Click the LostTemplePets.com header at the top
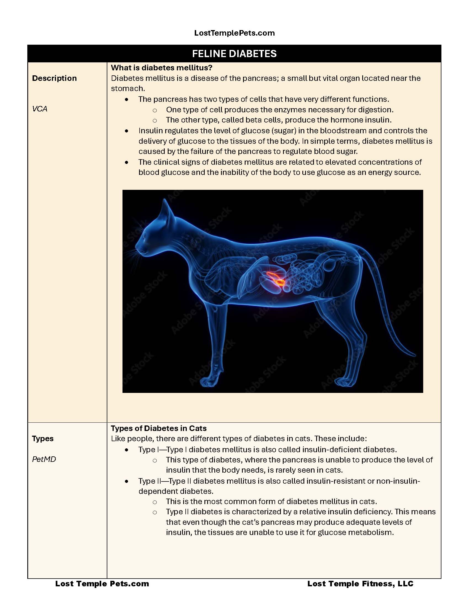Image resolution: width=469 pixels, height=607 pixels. coord(234,33)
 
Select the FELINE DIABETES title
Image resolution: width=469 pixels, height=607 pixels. coord(234,54)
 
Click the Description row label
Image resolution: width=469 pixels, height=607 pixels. coord(54,78)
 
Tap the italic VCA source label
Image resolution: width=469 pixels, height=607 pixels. coord(40,109)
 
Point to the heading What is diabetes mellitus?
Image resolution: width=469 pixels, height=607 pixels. coord(161,68)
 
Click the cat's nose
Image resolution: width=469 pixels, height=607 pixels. coord(136,246)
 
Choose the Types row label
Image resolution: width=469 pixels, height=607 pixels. coord(43,439)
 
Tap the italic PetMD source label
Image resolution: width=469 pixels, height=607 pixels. coord(44,459)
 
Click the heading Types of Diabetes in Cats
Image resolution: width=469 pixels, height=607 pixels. coord(159,428)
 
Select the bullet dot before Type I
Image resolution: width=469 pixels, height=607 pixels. coord(127,450)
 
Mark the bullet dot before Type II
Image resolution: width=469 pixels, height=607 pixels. coord(127,481)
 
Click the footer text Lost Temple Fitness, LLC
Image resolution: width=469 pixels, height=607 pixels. coord(360,584)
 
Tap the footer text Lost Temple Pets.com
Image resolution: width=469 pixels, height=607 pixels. coord(102,584)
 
